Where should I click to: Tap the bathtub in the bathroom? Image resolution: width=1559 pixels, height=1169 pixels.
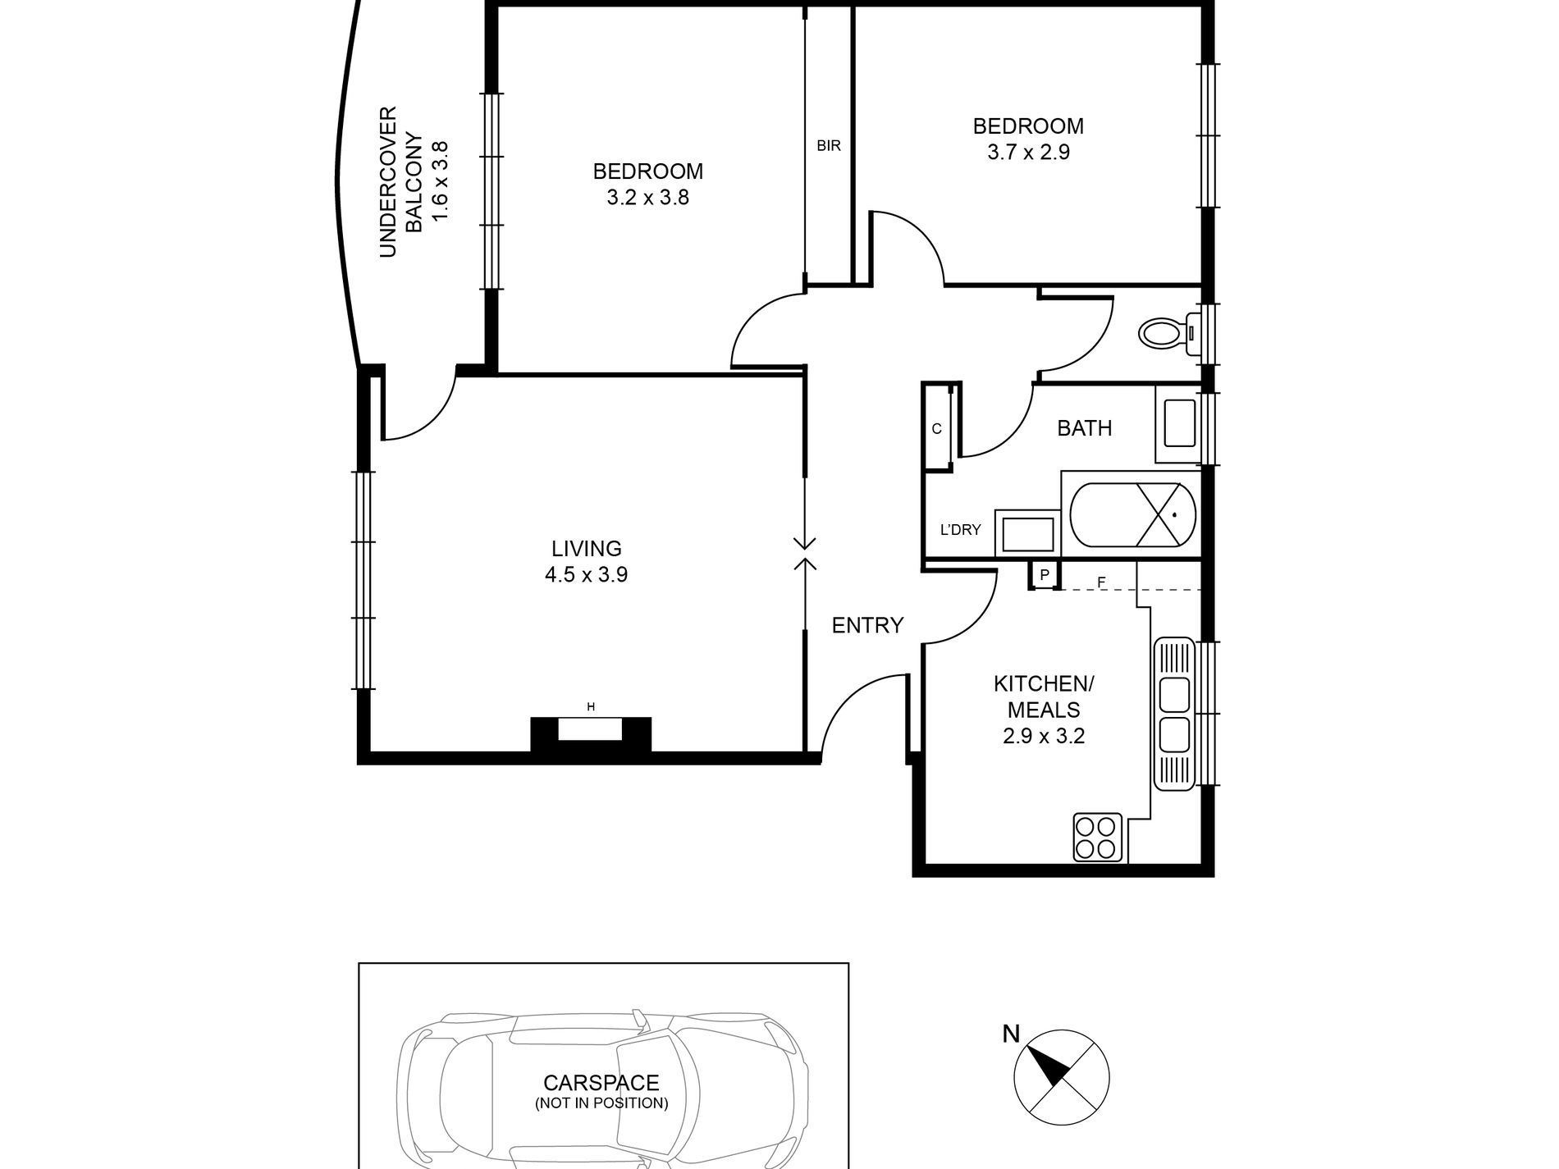pyautogui.click(x=1132, y=514)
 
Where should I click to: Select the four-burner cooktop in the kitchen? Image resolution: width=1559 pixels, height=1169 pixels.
pyautogui.click(x=1098, y=837)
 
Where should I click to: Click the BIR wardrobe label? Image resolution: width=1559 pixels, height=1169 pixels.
pyautogui.click(x=829, y=147)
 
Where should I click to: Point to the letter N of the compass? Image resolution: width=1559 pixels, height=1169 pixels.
pyautogui.click(x=1012, y=1034)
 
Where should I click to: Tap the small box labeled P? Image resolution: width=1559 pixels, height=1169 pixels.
pyautogui.click(x=1045, y=575)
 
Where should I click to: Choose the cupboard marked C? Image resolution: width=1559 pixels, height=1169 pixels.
pyautogui.click(x=937, y=428)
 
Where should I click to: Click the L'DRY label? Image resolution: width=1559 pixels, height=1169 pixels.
pyautogui.click(x=960, y=530)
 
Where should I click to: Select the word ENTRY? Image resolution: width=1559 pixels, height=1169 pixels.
pyautogui.click(x=867, y=626)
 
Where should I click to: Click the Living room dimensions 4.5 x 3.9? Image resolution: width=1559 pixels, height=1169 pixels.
pyautogui.click(x=586, y=575)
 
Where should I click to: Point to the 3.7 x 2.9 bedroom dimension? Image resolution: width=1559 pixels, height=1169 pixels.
pyautogui.click(x=1028, y=153)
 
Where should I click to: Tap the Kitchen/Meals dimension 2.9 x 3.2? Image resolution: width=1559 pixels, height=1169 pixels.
pyautogui.click(x=1044, y=737)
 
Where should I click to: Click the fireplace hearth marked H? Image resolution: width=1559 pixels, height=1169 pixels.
pyautogui.click(x=590, y=729)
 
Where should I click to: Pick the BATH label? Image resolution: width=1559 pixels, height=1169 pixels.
pyautogui.click(x=1084, y=428)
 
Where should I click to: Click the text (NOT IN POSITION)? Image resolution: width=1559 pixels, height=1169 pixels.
pyautogui.click(x=601, y=1103)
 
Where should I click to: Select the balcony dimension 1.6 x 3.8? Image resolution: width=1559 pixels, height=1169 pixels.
pyautogui.click(x=441, y=181)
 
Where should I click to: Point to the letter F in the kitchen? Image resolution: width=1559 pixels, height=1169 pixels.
pyautogui.click(x=1102, y=582)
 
